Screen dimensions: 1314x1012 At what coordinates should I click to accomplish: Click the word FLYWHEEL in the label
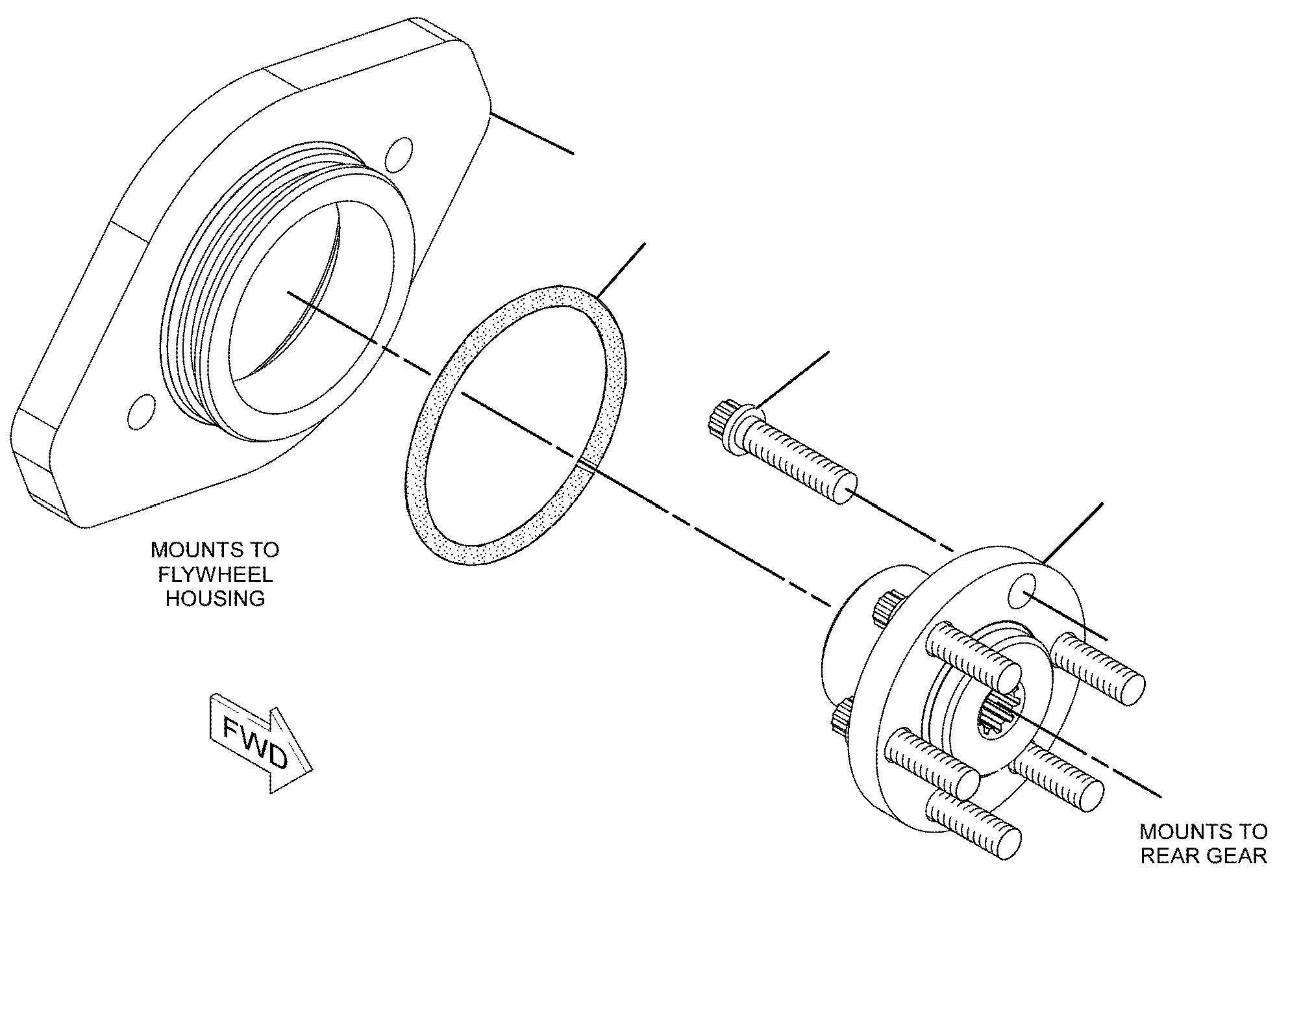(x=215, y=574)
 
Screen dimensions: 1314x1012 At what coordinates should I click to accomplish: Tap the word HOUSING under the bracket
(x=216, y=598)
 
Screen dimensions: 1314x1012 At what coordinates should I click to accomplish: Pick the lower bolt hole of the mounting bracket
(x=142, y=411)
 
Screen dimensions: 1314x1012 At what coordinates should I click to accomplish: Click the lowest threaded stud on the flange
(x=972, y=824)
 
